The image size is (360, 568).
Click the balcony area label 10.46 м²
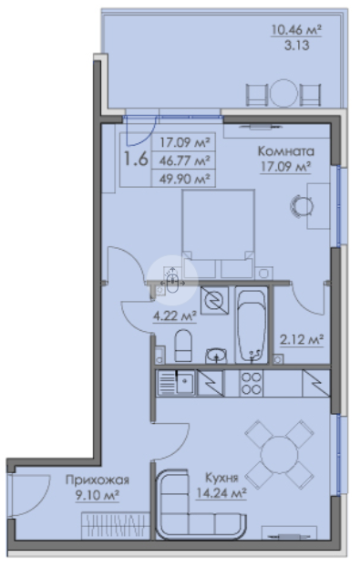296,29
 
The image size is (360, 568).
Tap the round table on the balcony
283,94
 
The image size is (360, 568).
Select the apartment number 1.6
136,159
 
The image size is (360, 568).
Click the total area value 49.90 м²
185,179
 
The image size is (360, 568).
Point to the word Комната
286,150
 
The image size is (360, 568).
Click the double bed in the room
218,233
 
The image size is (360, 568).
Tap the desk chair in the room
301,206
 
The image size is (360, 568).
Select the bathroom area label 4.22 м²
175,315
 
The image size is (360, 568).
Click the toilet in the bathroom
183,346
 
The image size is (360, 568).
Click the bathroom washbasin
216,356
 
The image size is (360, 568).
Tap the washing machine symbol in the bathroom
214,300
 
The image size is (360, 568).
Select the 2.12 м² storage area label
302,340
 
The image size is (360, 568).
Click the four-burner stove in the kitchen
252,383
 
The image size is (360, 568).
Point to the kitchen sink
177,383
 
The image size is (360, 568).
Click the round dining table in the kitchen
279,455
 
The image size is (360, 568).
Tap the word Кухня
221,478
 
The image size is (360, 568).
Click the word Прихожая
98,480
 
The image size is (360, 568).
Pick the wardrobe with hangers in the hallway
116,525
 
